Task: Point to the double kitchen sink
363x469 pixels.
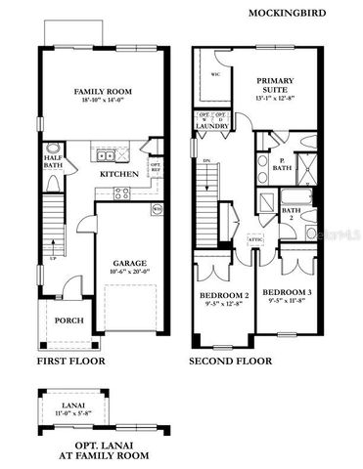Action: coord(107,154)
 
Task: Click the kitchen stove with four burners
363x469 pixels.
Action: coord(121,192)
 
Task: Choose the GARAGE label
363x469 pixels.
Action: coord(128,264)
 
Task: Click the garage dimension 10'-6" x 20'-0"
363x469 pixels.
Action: coord(128,275)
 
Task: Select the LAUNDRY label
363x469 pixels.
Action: coord(212,126)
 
